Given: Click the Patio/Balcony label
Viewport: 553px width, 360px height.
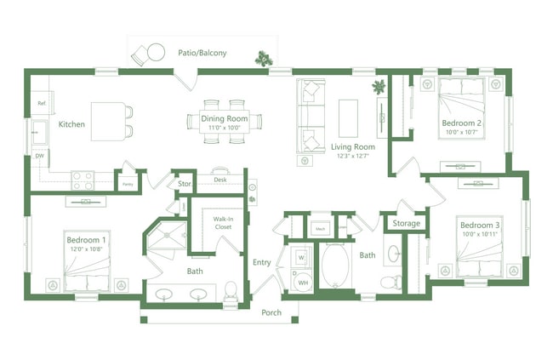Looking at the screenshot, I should coord(202,54).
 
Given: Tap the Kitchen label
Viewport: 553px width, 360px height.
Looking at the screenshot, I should coord(71,124).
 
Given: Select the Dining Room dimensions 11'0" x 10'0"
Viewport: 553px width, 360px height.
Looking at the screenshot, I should coord(225,129).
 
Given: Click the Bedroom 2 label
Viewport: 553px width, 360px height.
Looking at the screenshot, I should coord(462,124).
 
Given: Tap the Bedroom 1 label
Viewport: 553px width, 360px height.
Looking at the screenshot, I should coord(86,240).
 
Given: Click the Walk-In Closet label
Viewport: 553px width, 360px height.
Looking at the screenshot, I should coord(223,223).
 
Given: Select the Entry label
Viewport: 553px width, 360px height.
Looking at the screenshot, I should coord(261,262).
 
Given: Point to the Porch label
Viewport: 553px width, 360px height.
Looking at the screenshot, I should coord(271,311).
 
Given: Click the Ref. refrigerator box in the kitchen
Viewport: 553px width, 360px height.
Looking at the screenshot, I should coord(41,103).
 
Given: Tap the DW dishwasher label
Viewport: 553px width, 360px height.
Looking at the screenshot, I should coord(39,156).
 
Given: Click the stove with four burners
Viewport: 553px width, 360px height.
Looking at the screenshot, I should coord(82,180).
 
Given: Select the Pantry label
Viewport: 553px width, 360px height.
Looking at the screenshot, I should coord(128,183).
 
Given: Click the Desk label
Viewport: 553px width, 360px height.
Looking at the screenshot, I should coord(219,180).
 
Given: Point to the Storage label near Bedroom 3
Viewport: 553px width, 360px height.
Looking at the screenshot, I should coord(407,224).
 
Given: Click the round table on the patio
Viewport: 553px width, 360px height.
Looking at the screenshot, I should coord(156,53).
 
